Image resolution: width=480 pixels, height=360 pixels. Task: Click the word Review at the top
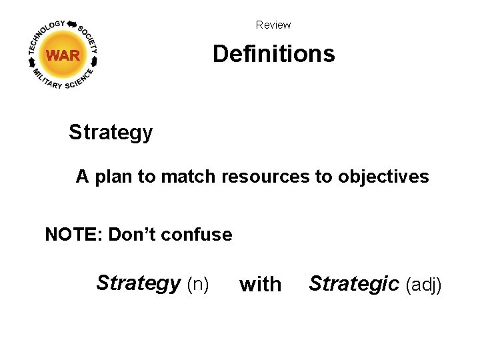(x=273, y=25)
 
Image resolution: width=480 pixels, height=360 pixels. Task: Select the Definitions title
(x=273, y=53)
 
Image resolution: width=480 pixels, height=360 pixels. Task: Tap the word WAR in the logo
(x=63, y=56)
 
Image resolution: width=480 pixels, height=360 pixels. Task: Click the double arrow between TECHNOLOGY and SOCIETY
(x=71, y=23)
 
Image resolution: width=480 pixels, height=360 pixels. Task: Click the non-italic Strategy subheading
(x=111, y=133)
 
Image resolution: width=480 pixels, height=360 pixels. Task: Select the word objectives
(x=383, y=177)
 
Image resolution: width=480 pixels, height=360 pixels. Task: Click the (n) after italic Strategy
(x=198, y=285)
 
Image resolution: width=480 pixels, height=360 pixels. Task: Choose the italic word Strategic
(x=354, y=284)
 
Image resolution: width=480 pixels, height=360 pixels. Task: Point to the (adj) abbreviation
(x=423, y=285)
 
